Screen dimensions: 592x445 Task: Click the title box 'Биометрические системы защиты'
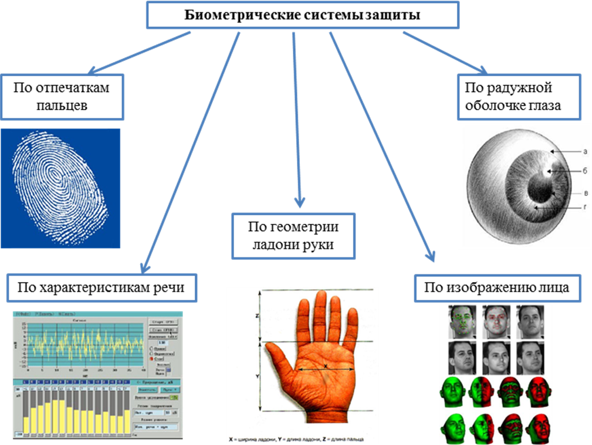pyautogui.click(x=302, y=15)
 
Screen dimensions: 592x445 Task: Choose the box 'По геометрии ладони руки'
pyautogui.click(x=294, y=235)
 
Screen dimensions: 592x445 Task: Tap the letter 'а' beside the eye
pyautogui.click(x=585, y=151)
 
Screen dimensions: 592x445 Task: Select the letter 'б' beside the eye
pyautogui.click(x=585, y=171)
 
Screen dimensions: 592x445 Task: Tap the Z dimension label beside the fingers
pyautogui.click(x=256, y=315)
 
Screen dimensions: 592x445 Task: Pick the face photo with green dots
pyautogui.click(x=462, y=321)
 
